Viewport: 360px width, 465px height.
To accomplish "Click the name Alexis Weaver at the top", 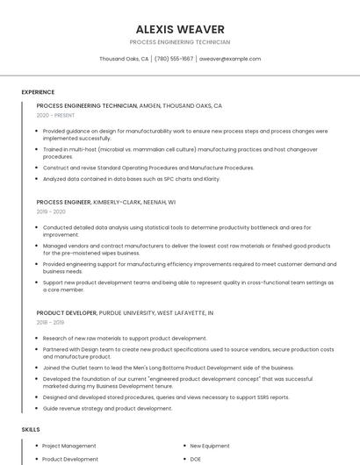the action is coord(180,29).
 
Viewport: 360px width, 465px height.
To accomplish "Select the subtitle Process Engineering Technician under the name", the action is coord(180,42).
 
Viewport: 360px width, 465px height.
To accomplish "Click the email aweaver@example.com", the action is coord(230,59).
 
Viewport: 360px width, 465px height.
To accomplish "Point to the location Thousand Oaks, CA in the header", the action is coord(124,59).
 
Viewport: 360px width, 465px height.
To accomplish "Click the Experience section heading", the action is coord(38,92).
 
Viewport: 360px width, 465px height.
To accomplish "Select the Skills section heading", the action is coord(31,430).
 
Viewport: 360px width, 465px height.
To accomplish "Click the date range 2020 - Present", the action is coord(55,116).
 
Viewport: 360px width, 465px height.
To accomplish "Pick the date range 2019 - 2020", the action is coord(51,211).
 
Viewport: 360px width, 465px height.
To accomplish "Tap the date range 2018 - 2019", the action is coord(51,323).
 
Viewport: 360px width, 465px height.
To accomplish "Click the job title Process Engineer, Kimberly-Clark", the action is coord(106,202).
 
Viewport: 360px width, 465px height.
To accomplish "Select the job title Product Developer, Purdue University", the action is coord(125,313).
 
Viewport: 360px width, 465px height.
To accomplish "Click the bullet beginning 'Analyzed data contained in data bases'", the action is coord(131,179).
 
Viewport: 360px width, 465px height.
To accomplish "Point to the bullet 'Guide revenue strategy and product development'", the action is coord(107,408).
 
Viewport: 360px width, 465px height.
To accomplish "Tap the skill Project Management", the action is coord(69,446).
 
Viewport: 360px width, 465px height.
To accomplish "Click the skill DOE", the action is coord(196,459).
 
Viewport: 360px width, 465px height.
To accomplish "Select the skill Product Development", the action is coord(70,459).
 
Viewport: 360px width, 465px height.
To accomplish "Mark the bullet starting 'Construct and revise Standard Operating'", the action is coord(148,168).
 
